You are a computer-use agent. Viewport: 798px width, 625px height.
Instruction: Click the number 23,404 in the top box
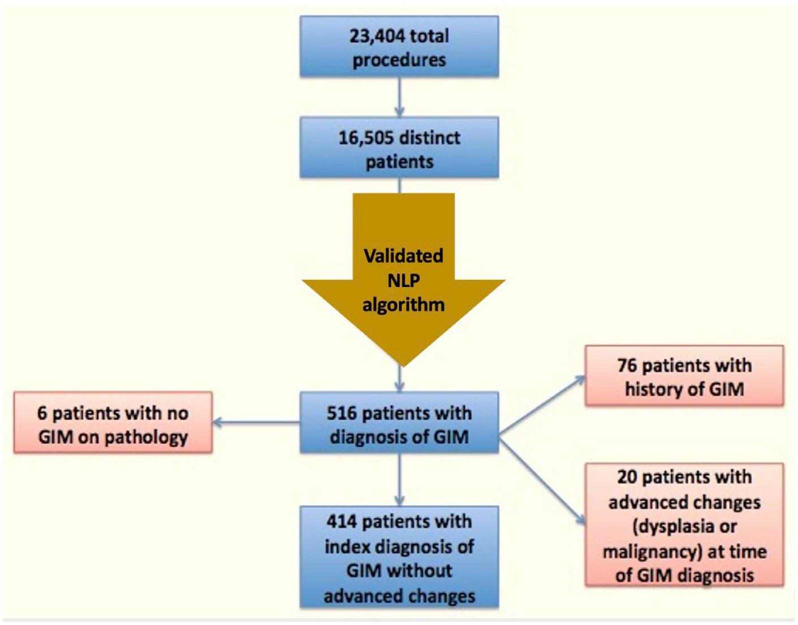377,37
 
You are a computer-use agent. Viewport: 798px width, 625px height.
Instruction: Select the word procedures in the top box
399,60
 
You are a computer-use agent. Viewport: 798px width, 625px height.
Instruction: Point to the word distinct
430,138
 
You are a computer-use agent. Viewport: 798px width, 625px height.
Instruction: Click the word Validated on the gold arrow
404,255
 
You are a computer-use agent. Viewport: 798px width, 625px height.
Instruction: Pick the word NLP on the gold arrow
404,281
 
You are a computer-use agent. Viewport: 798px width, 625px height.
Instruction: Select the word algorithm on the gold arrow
404,305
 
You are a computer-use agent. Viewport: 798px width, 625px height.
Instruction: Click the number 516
342,413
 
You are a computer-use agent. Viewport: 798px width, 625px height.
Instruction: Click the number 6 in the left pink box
42,413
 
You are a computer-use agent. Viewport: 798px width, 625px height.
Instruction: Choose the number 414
342,521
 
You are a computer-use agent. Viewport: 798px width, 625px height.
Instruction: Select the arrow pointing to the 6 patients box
256,423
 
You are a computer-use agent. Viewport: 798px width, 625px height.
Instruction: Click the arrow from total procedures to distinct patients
399,97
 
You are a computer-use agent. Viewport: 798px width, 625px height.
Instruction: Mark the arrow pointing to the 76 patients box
542,406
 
